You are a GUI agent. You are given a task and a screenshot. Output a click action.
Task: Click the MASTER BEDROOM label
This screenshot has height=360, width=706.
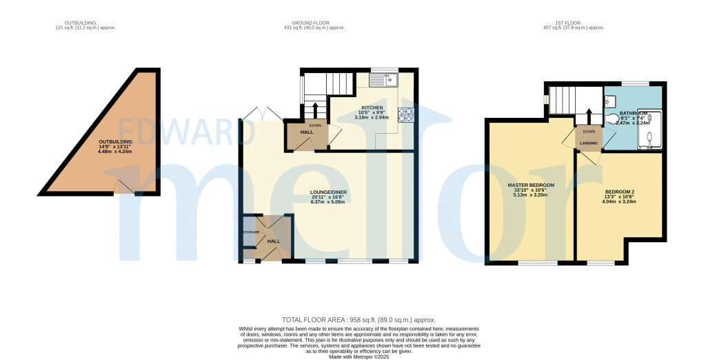pyautogui.click(x=531, y=186)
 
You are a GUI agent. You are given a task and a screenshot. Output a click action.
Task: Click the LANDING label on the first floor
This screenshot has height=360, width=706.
pyautogui.click(x=588, y=143)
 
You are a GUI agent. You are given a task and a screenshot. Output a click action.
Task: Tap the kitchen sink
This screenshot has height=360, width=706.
pyautogui.click(x=385, y=81)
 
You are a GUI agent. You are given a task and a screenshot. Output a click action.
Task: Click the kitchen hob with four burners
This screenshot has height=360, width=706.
pyautogui.click(x=405, y=114)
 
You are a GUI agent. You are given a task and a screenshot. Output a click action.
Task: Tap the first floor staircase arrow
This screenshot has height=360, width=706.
pyautogui.click(x=589, y=116)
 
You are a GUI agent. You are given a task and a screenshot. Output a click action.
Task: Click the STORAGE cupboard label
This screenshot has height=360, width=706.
pyautogui.click(x=249, y=232)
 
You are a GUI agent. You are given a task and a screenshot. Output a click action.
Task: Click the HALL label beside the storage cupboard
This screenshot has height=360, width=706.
pyautogui.click(x=273, y=241)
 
